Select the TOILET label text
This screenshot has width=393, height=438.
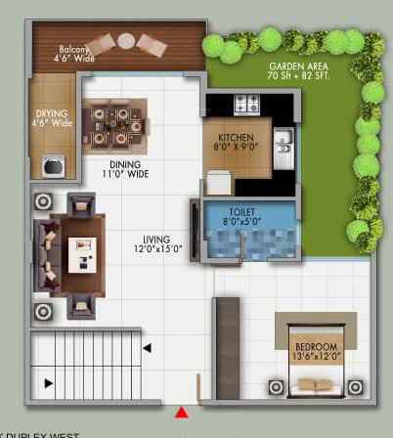(241, 209)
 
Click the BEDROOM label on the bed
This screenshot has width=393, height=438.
(315, 347)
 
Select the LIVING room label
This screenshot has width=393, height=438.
(154, 239)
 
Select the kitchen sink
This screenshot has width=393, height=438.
(283, 144)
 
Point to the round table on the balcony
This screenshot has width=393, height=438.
(126, 40)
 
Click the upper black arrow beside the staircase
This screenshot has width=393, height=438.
(147, 347)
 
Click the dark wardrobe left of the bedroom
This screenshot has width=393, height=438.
(227, 350)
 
